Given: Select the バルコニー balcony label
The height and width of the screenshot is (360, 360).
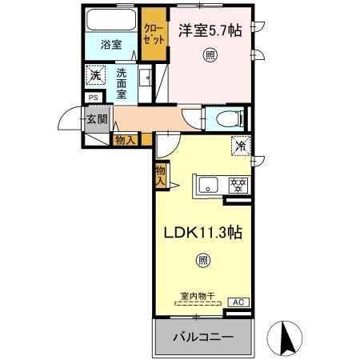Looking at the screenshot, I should click(x=204, y=338).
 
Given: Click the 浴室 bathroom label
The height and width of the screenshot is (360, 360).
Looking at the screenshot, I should click(x=112, y=46).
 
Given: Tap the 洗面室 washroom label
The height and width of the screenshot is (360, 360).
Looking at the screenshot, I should click(x=121, y=82).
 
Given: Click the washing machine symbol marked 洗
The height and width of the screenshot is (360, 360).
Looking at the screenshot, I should click(x=95, y=76).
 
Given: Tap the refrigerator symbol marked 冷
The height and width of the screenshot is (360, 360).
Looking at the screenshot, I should click(x=239, y=146).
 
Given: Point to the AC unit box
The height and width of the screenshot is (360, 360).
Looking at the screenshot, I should click(x=238, y=302).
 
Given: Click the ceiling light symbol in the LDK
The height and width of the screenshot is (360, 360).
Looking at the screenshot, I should click(x=202, y=259).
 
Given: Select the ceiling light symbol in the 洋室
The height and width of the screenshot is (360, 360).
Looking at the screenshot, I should click(x=209, y=55).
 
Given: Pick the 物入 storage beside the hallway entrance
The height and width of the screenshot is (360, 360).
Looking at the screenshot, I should click(x=125, y=140).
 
